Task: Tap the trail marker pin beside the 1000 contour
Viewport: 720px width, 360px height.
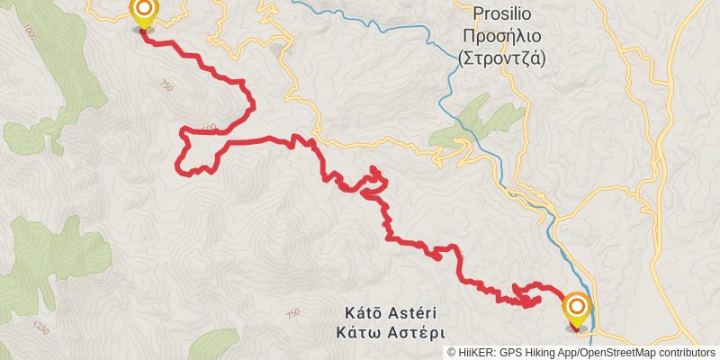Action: (144, 13)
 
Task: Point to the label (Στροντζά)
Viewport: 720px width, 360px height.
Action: (502, 58)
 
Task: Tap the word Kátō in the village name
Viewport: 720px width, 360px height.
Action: (365, 312)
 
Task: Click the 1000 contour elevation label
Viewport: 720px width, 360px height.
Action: (31, 33)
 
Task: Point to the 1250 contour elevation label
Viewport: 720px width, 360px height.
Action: (40, 326)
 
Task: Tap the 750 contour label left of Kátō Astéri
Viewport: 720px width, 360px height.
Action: (292, 313)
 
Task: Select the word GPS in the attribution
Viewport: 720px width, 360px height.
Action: (512, 353)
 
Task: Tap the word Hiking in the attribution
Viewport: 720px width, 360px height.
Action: (546, 353)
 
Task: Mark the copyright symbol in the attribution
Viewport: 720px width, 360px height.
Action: (452, 353)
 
